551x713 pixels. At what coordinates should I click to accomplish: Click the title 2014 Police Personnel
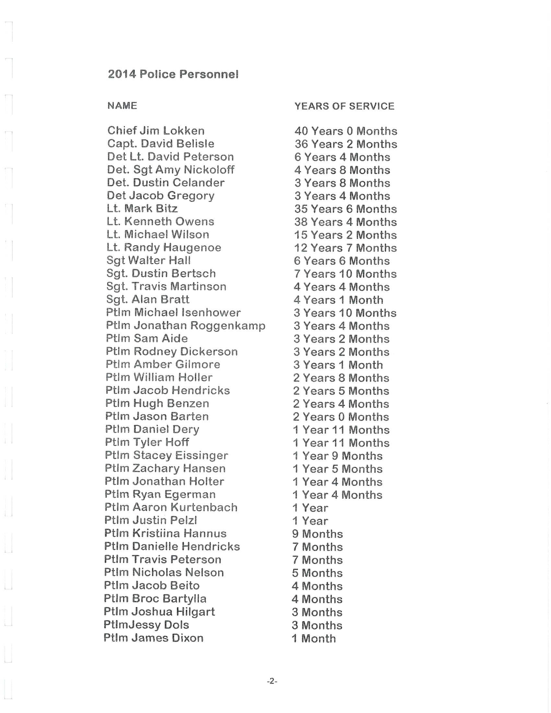173,75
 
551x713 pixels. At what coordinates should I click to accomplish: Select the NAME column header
122,106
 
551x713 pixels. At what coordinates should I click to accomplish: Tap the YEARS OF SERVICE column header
344,106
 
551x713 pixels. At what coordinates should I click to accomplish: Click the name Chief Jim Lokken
156,131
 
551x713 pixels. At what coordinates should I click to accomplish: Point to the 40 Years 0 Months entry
346,131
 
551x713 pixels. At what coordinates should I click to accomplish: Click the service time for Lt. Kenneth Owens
346,222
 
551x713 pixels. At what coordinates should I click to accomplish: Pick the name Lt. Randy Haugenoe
164,248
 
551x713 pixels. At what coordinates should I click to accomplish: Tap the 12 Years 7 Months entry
346,248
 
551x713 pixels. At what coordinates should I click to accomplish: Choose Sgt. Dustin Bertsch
161,273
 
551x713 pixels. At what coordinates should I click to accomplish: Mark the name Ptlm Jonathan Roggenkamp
185,325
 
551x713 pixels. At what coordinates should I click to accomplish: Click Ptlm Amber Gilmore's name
163,364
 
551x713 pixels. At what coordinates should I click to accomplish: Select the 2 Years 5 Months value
341,391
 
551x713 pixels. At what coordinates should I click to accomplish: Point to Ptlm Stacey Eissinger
167,455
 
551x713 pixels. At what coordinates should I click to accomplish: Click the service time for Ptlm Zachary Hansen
337,469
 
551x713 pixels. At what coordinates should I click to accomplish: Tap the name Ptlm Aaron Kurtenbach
171,507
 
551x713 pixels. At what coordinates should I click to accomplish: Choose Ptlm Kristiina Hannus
165,533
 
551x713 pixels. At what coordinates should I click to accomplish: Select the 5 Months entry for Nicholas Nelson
317,573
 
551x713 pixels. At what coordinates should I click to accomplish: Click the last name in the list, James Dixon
153,638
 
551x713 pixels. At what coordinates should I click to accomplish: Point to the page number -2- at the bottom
272,681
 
